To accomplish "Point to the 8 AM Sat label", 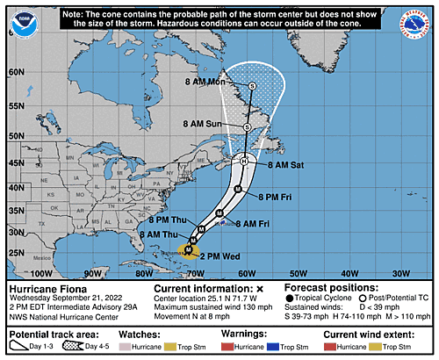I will coord(286,164).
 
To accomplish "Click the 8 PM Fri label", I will coord(279,196).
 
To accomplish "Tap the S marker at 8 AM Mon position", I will coord(252,85).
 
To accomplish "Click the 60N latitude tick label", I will coord(13,71).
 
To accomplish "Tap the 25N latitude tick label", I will coord(13,254).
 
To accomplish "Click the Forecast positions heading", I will coord(331,288).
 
